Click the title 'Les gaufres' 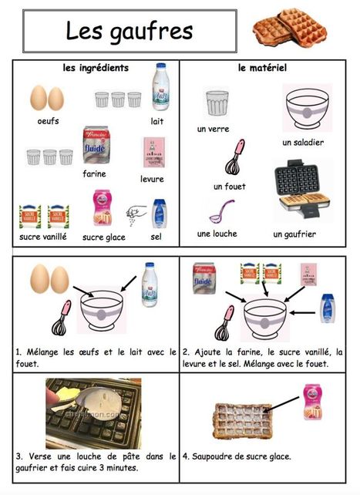coord(129,32)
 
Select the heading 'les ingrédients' coord(96,68)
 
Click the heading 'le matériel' coord(262,68)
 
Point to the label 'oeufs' coord(48,121)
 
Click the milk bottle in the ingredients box coord(160,86)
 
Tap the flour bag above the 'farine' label coord(96,145)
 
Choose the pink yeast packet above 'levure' coord(154,152)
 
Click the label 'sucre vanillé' coord(43,237)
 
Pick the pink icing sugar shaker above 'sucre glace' coord(102,207)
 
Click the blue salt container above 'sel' coord(159,214)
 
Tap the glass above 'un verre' coord(217,103)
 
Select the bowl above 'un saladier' coord(307,108)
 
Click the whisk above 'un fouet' coord(235,157)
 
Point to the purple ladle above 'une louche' coord(221,211)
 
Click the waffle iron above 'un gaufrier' coord(301,189)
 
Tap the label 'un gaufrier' coord(294,234)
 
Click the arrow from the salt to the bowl coord(302,313)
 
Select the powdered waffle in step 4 coord(243,420)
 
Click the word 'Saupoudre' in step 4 coord(210,456)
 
